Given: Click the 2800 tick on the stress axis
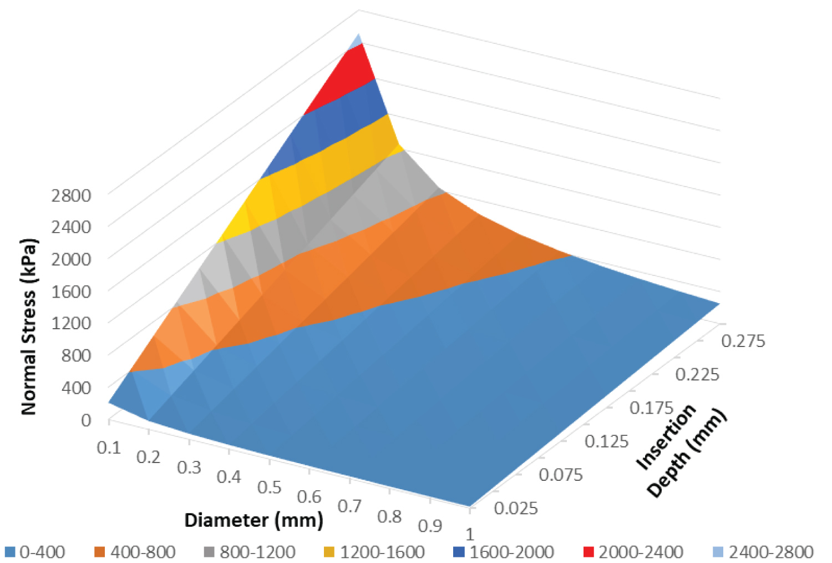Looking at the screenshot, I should (71, 195).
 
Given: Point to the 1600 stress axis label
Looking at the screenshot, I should (71, 290).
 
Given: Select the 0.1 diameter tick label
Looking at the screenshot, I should (109, 448).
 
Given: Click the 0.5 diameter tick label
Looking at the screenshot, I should (270, 487).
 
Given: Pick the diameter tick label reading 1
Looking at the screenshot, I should (470, 534).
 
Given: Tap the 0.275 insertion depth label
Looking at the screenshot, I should (743, 340).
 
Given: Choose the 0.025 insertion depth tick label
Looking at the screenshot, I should (516, 508).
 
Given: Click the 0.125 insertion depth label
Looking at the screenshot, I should (606, 441).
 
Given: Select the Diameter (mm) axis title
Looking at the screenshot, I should (253, 520).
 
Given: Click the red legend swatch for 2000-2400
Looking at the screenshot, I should (589, 552).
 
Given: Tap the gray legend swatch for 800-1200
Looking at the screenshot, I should (209, 552).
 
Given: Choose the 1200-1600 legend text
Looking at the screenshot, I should (382, 552).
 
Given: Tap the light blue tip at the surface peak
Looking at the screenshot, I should (357, 39).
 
